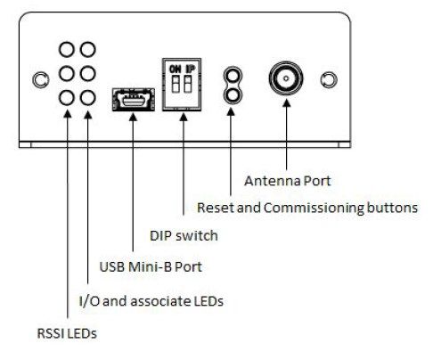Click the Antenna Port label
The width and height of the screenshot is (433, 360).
(x=287, y=181)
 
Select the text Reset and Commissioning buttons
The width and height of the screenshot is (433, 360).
(x=307, y=208)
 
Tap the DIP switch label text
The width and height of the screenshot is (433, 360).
(x=184, y=236)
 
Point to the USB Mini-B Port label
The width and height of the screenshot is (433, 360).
(x=151, y=266)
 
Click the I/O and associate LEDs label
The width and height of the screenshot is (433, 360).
(x=151, y=301)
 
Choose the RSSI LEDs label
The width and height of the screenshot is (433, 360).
(x=67, y=333)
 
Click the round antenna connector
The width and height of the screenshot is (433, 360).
(x=286, y=78)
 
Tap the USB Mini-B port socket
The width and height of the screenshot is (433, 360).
(x=134, y=100)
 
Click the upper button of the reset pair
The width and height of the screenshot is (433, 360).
(x=233, y=75)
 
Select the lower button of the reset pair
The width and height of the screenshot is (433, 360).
(x=233, y=95)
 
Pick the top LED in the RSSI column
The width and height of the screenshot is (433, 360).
(x=67, y=49)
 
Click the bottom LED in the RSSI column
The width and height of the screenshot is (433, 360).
(x=67, y=98)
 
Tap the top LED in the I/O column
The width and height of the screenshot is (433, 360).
(x=87, y=49)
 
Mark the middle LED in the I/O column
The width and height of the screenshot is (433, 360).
(x=87, y=73)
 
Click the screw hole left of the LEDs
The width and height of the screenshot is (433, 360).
(x=40, y=80)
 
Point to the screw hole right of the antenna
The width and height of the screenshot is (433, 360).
(x=329, y=80)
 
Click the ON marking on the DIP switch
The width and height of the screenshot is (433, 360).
(x=175, y=70)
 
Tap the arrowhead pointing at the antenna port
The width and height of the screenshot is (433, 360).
(x=286, y=102)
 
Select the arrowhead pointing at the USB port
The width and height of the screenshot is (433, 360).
(x=133, y=117)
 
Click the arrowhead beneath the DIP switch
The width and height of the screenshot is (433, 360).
(x=184, y=117)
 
